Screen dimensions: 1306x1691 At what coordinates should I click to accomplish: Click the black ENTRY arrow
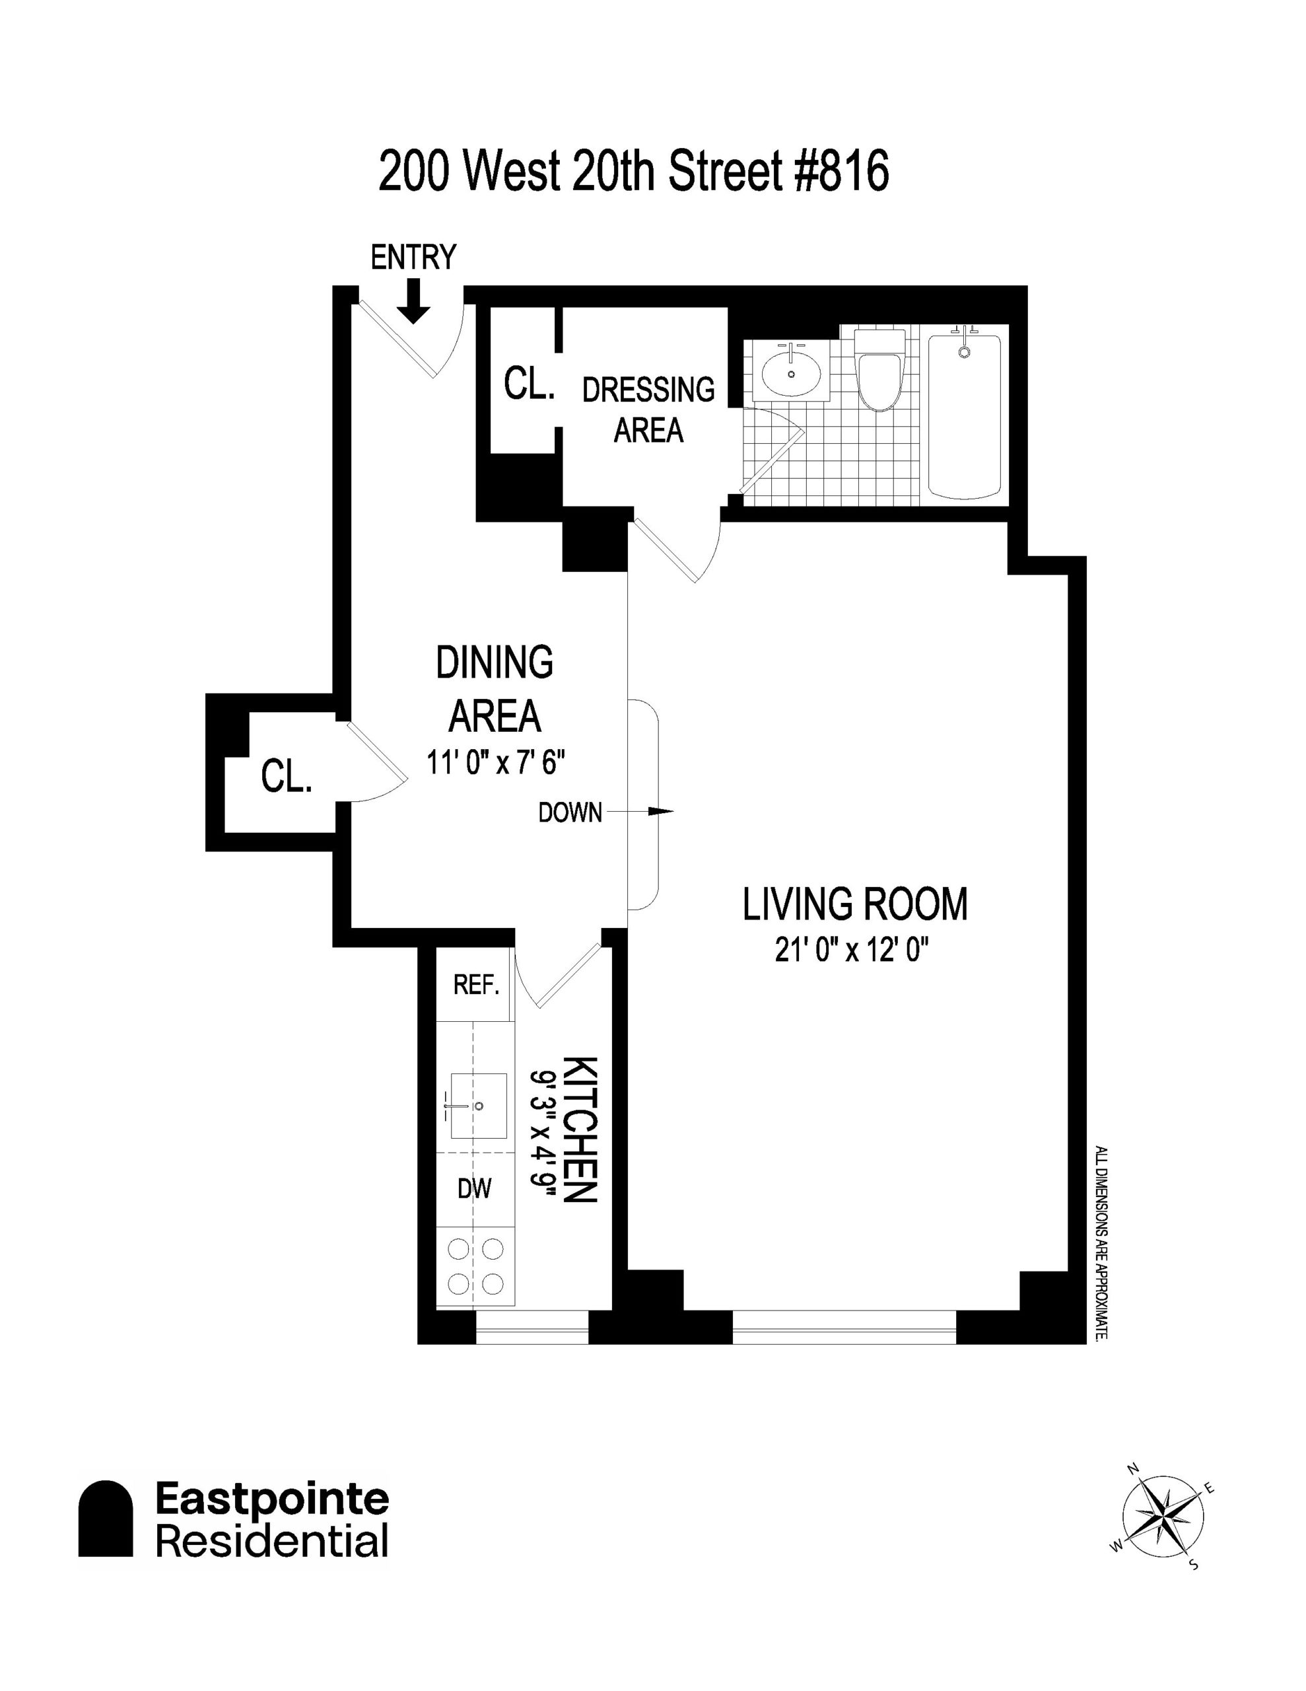414,301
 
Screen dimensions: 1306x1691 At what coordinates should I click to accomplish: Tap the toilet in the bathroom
879,370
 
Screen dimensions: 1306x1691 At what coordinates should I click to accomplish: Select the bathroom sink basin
791,374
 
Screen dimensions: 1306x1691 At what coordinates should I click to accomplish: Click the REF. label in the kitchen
476,985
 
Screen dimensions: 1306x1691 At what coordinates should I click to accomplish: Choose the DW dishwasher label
475,1188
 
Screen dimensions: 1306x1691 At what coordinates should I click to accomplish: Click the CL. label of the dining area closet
287,776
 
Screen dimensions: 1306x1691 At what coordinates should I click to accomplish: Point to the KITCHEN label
580,1129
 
